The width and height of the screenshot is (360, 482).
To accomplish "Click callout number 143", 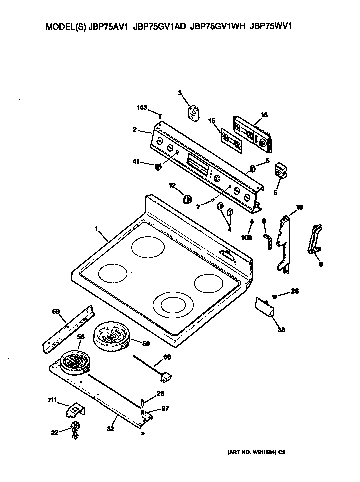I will tap(143, 107).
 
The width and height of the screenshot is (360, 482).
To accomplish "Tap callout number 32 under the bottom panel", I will tap(110, 428).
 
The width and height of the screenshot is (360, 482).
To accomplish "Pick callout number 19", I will tap(299, 207).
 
